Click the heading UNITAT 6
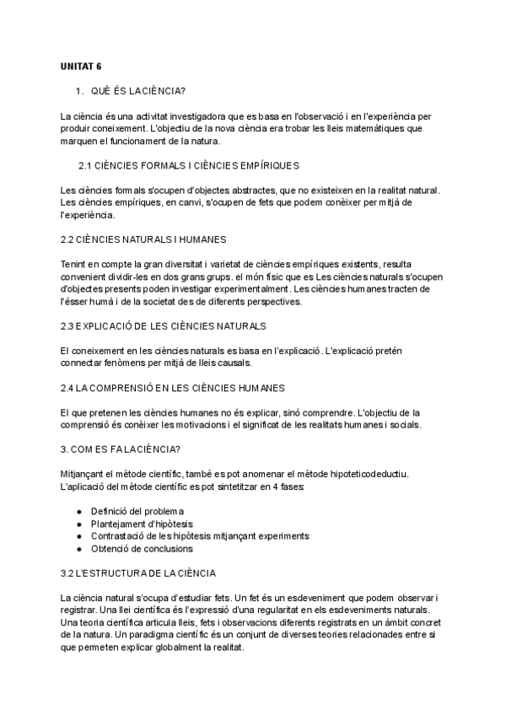tap(81, 65)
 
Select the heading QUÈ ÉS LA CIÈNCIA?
tap(138, 90)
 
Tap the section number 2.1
tap(85, 165)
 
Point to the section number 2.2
tap(67, 239)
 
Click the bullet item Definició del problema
tap(137, 511)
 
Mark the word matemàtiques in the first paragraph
tap(370, 128)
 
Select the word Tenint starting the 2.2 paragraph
tap(74, 264)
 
